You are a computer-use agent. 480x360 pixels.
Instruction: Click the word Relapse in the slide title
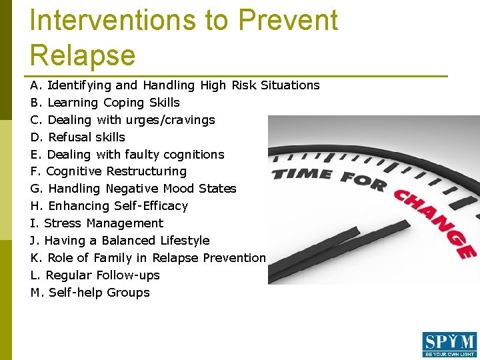[x=83, y=55]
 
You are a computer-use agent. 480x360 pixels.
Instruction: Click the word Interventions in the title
[x=114, y=20]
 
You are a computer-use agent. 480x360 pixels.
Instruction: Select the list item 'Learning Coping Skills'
[x=113, y=103]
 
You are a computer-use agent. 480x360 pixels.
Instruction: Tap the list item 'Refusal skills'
[x=86, y=137]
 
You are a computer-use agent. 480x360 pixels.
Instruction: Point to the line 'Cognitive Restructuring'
[x=116, y=171]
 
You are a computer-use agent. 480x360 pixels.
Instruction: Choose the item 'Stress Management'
[x=103, y=223]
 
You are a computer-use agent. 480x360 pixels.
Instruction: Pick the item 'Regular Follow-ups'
[x=103, y=275]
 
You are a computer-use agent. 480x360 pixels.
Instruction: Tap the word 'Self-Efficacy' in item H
[x=151, y=206]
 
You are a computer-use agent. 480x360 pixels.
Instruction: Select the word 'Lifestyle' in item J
[x=185, y=241]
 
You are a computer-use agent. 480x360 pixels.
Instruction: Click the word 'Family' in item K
[x=113, y=258]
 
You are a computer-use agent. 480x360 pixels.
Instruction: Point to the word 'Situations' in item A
[x=290, y=85]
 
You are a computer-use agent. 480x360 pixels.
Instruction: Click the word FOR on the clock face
[x=363, y=181]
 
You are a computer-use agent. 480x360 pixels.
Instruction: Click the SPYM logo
[x=449, y=345]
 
